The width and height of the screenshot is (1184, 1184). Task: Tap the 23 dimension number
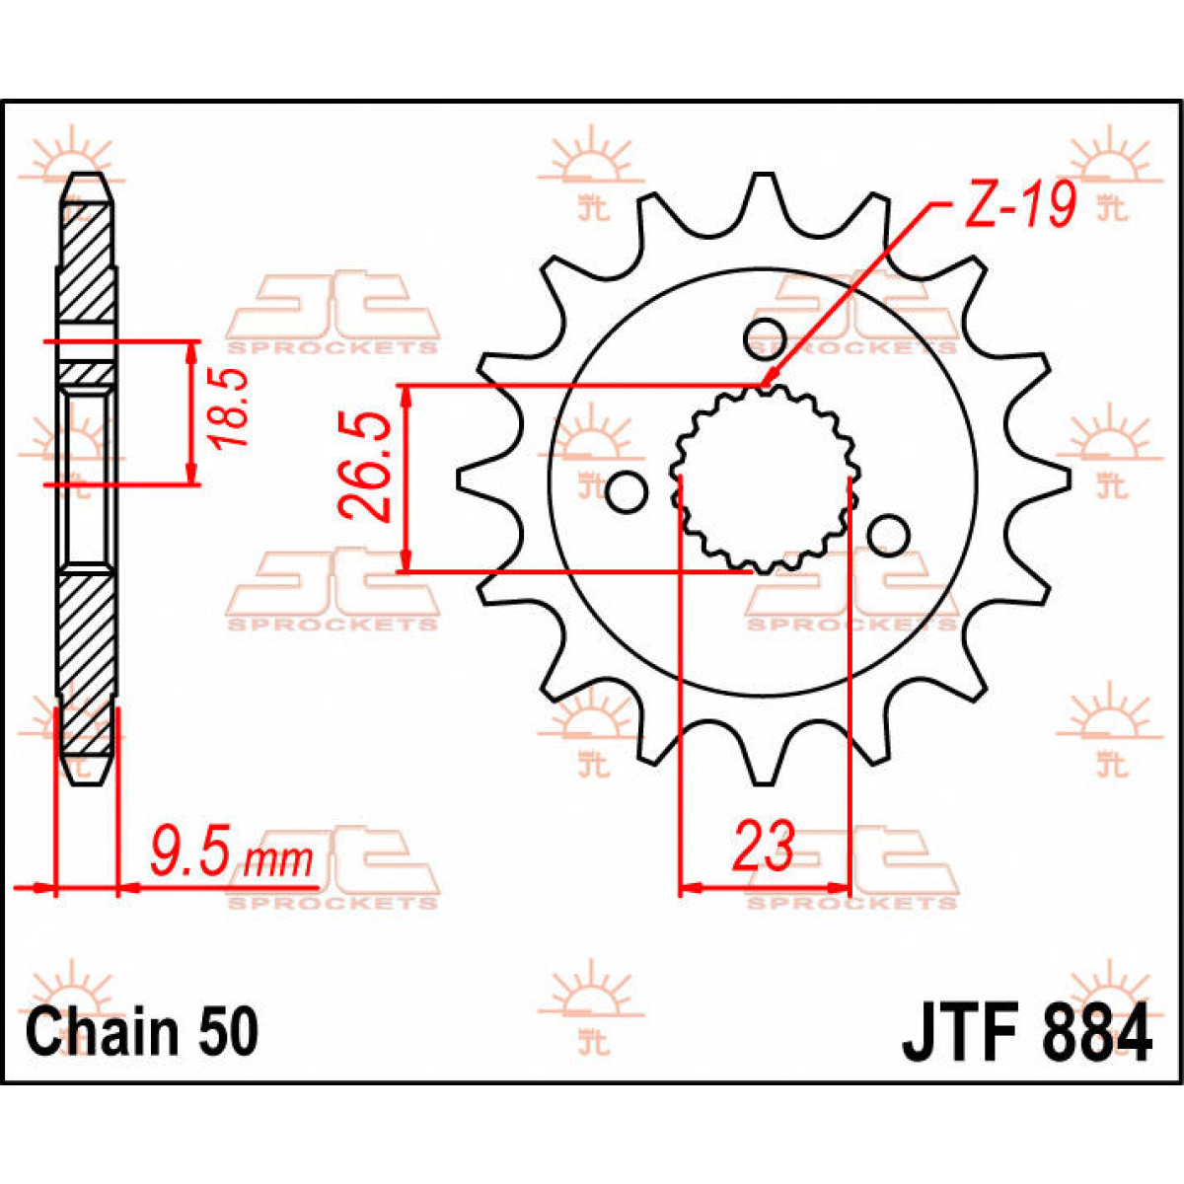[763, 846]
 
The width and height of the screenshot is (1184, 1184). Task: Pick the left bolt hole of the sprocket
[625, 492]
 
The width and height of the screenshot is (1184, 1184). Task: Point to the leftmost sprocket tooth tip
[464, 479]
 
